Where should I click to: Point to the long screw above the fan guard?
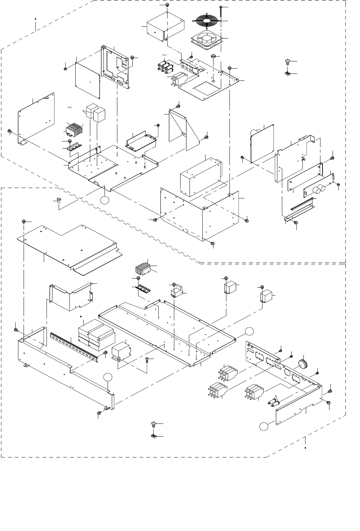click(221, 14)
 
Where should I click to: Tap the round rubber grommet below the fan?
click(214, 56)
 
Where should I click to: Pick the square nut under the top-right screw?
click(287, 74)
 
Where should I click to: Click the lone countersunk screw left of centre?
click(58, 200)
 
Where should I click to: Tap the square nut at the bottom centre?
click(153, 436)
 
